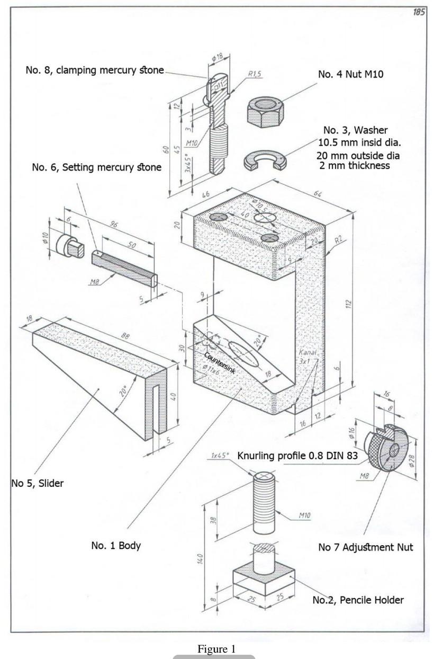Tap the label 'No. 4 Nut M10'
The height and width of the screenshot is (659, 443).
pos(350,75)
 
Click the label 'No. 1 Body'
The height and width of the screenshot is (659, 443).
pos(116,545)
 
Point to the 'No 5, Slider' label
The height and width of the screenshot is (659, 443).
pos(37,483)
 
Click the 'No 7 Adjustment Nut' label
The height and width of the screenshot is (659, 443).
pos(365,547)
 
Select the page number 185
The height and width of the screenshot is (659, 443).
pos(419,12)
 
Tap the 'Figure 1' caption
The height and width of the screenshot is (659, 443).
pos(215,649)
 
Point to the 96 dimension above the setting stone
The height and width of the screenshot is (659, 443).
pos(113,225)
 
